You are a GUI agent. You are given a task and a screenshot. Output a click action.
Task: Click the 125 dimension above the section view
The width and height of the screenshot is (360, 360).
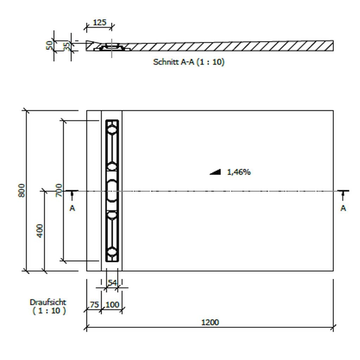pos(99,22)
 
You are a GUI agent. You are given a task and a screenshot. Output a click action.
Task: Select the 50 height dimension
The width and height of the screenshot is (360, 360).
pos(49,45)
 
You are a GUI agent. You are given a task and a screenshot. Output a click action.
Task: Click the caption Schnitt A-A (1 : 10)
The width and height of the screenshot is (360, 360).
pos(189,62)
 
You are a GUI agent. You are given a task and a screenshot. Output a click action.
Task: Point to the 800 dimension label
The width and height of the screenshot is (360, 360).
pos(21,190)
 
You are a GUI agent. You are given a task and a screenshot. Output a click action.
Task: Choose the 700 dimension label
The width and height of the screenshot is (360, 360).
pos(59,190)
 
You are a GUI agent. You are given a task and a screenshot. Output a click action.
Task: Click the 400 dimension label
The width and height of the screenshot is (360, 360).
pos(40,231)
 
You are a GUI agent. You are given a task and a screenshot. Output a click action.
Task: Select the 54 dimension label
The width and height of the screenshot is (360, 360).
pos(112,283)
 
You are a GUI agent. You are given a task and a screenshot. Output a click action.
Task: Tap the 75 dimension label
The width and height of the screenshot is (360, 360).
pos(94,305)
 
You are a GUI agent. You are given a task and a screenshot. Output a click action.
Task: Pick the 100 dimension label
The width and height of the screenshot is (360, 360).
pos(112,305)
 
